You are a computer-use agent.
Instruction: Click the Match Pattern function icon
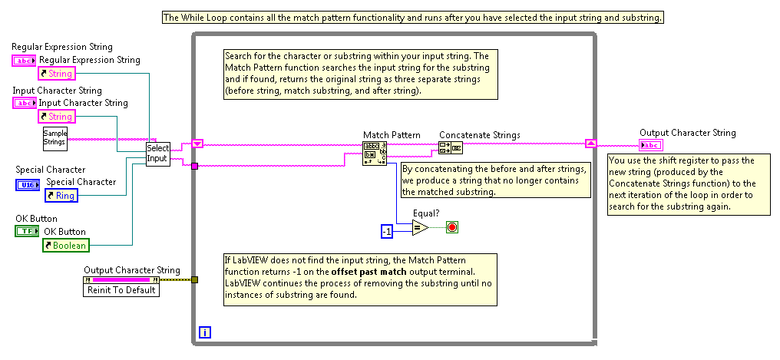(x=374, y=153)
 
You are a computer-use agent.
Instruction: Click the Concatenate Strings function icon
(x=450, y=148)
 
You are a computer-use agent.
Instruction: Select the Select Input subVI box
(x=157, y=154)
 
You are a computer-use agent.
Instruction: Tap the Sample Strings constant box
(x=55, y=137)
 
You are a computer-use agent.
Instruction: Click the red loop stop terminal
(x=452, y=227)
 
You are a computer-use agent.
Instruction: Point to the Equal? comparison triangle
(x=419, y=228)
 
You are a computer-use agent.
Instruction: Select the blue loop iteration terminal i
(x=204, y=332)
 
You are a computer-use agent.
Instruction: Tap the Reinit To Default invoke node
(x=121, y=290)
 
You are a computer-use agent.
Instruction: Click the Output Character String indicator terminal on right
(x=651, y=146)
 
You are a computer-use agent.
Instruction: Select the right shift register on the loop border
(x=590, y=143)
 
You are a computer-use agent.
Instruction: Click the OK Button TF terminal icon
(x=25, y=231)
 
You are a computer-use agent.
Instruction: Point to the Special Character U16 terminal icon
(x=25, y=184)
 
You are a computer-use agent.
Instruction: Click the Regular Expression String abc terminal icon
(x=24, y=60)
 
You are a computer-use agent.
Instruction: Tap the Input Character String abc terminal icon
(x=24, y=103)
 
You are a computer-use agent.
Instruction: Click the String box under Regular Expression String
(x=56, y=74)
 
